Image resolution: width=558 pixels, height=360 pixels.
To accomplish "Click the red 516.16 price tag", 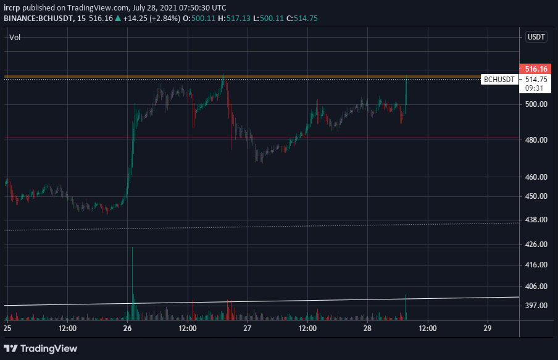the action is [x=535, y=69].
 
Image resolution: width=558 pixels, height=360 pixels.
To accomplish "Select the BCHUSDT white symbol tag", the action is [x=499, y=80].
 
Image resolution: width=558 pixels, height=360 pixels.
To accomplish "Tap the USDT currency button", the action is [x=536, y=37].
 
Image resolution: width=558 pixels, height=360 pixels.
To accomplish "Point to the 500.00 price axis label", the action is [x=536, y=104].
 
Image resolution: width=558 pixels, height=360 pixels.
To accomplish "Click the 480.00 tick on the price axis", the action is [x=536, y=140].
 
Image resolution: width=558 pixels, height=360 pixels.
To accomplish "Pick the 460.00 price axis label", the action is [x=536, y=177].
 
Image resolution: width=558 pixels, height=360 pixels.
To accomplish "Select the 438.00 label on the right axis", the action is [x=536, y=220].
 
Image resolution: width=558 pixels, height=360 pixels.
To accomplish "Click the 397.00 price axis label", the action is [x=536, y=306].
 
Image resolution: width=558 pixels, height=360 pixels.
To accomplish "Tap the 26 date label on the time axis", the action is [x=127, y=329].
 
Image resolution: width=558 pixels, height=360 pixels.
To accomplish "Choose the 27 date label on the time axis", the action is [x=248, y=329].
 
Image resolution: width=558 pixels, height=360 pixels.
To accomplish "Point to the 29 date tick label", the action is [x=488, y=329].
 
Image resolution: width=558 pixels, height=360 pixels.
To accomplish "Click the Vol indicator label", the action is [x=15, y=38].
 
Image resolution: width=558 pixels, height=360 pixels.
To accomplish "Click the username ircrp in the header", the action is [x=12, y=8].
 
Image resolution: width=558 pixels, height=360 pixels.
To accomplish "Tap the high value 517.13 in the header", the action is [x=238, y=19].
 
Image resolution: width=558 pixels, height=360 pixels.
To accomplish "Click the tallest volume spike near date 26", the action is [x=132, y=283].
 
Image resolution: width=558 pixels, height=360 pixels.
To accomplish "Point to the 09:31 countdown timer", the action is [x=534, y=88].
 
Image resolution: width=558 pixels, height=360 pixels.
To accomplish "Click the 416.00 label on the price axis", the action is [x=536, y=265].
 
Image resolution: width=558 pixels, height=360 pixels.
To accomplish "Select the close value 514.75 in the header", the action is [x=306, y=19].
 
